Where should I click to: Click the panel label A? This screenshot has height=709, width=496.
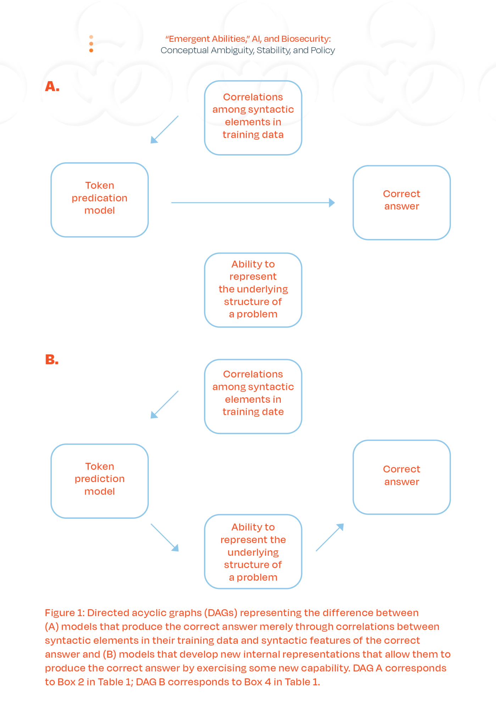(x=52, y=86)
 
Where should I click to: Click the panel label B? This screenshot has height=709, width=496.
(x=51, y=360)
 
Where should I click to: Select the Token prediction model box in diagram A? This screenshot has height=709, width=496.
(x=100, y=200)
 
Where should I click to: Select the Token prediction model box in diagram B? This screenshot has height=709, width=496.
(x=100, y=481)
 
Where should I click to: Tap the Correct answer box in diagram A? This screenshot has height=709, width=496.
(x=401, y=202)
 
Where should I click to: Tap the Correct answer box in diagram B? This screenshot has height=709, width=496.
(x=401, y=477)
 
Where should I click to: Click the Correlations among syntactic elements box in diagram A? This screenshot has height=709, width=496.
(x=253, y=118)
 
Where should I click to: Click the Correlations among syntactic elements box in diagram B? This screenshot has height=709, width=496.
(x=253, y=396)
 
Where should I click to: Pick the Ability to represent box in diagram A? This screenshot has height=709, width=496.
(x=253, y=290)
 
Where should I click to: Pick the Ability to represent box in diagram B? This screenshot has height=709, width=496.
(x=253, y=552)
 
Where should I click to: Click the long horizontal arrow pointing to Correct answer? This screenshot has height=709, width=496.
(x=252, y=202)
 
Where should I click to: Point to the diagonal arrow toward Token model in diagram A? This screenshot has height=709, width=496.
(x=165, y=129)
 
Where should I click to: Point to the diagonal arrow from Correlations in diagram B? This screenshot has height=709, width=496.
(x=165, y=405)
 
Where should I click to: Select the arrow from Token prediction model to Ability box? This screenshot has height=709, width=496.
(x=165, y=537)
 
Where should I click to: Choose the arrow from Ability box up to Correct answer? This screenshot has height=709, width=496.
(x=330, y=537)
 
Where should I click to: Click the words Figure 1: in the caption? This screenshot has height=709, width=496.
(x=65, y=613)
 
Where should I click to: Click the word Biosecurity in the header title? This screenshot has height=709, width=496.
(x=305, y=39)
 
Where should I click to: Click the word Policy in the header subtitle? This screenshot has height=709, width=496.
(x=322, y=50)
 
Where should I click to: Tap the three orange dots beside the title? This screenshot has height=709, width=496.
(x=91, y=44)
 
